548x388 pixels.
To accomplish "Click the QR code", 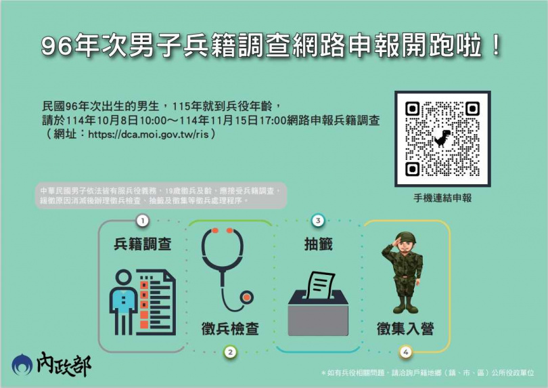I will click(x=442, y=139).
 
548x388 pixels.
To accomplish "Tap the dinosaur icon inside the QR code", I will click(x=442, y=138).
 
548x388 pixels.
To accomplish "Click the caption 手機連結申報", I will click(x=442, y=198).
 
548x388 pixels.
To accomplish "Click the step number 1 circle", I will click(x=142, y=220).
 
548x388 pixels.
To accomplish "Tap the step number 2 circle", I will click(x=231, y=352).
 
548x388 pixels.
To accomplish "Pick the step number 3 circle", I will click(x=318, y=220).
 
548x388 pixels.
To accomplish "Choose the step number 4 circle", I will click(x=406, y=352).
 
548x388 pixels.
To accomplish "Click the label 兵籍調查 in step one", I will click(x=142, y=244).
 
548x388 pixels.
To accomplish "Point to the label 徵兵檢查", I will click(x=230, y=329).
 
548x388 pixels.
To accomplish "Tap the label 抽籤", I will click(x=318, y=244).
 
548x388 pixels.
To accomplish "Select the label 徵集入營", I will click(x=406, y=329).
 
